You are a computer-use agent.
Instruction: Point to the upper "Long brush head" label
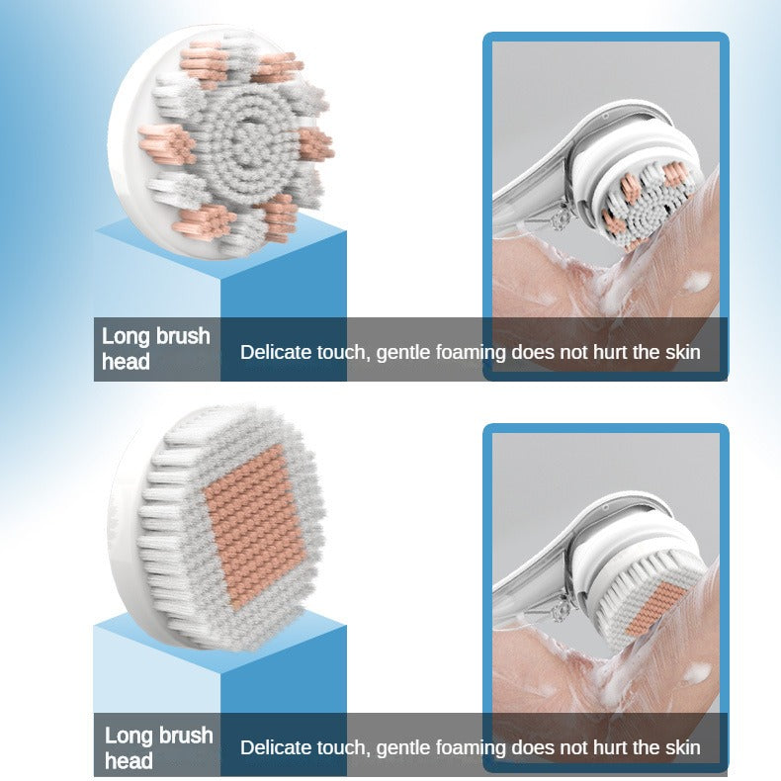pyautogui.click(x=156, y=349)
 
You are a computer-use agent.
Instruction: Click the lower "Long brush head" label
pyautogui.click(x=159, y=748)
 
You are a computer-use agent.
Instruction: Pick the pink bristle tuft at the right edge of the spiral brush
pyautogui.click(x=315, y=143)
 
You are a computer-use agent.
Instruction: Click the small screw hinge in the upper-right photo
pyautogui.click(x=562, y=216)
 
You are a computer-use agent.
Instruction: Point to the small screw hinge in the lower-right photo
pyautogui.click(x=562, y=607)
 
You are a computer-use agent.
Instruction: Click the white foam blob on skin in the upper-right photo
pyautogui.click(x=697, y=282)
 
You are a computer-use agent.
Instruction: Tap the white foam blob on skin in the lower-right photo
pyautogui.click(x=697, y=673)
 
